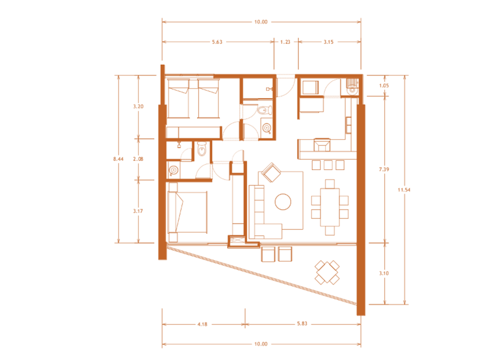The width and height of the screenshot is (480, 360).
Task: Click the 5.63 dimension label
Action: (x=217, y=42)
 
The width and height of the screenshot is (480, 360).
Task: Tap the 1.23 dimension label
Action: (x=285, y=42)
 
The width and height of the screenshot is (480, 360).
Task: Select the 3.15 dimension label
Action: (x=328, y=42)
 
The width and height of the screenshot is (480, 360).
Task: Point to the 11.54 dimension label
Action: (x=404, y=190)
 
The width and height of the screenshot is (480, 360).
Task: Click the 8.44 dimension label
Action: (x=118, y=159)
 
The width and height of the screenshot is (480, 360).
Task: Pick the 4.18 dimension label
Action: (x=202, y=324)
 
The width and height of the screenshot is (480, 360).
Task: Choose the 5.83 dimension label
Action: (x=302, y=323)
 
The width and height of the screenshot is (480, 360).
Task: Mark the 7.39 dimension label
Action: (x=384, y=169)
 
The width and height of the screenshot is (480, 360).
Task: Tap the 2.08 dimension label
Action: (x=138, y=159)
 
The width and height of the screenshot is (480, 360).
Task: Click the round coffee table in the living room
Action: (x=283, y=201)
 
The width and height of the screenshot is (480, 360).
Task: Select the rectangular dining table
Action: (x=329, y=207)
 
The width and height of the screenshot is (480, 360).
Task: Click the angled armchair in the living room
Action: (x=271, y=172)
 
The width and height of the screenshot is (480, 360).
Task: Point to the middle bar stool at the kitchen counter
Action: (x=328, y=165)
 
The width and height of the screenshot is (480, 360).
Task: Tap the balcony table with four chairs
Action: (x=327, y=272)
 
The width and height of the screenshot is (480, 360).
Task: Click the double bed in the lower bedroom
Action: (x=187, y=212)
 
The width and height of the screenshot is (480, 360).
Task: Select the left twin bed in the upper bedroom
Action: (x=178, y=98)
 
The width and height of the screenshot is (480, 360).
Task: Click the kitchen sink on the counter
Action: (x=321, y=145)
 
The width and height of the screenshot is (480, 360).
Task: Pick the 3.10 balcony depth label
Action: (x=384, y=273)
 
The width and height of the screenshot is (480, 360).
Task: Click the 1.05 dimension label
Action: (x=384, y=85)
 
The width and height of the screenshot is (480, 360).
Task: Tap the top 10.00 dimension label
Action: (x=261, y=22)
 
